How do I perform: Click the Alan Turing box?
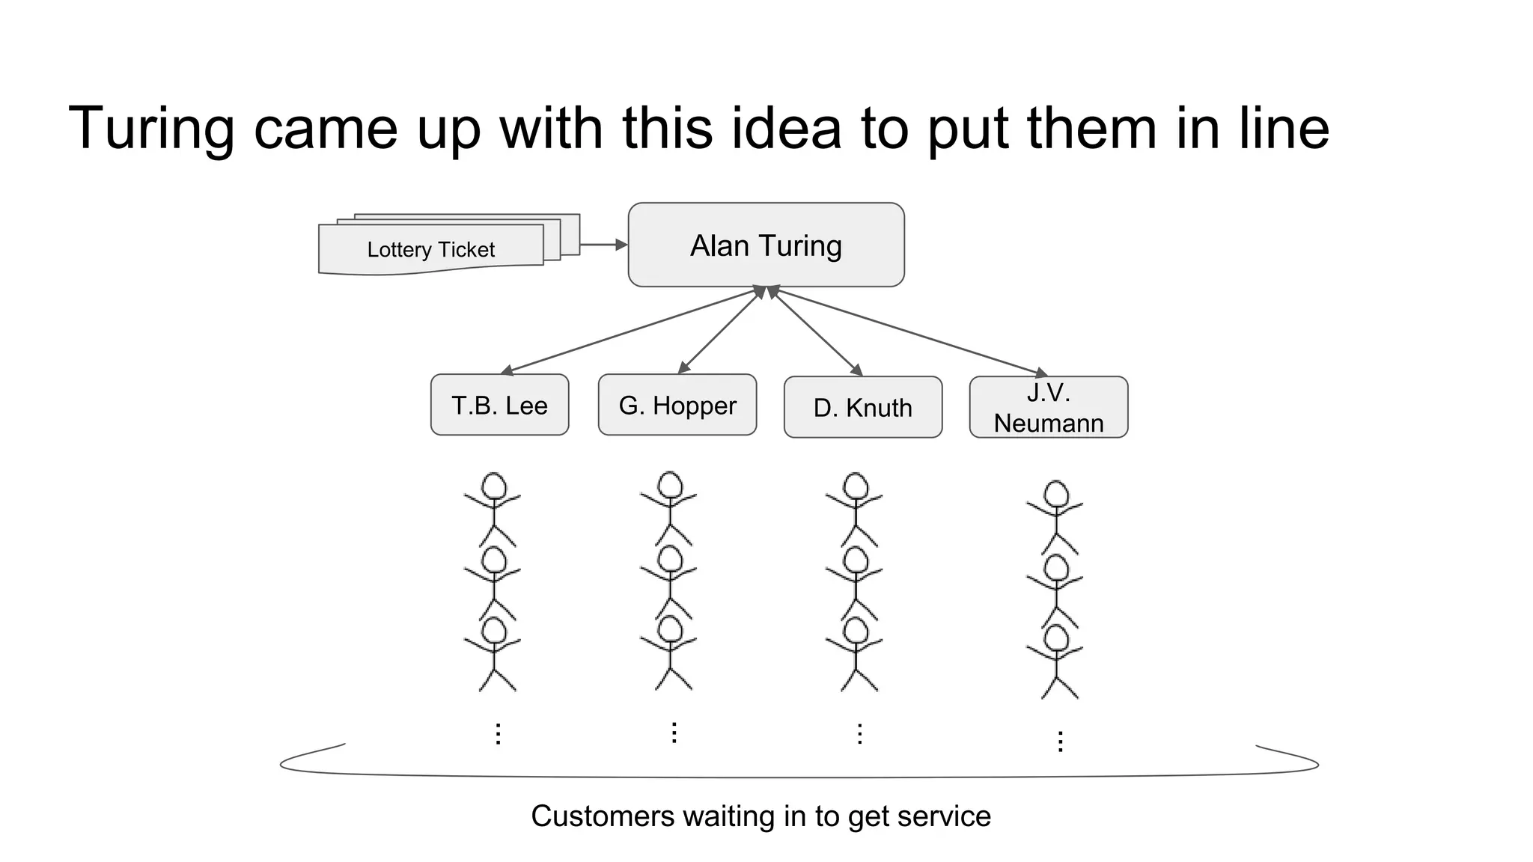(766, 245)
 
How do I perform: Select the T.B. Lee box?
(499, 405)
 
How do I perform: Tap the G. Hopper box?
(677, 405)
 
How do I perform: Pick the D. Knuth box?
(862, 407)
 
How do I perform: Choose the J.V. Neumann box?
(1048, 407)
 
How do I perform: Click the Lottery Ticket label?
(430, 249)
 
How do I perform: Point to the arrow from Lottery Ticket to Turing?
(603, 245)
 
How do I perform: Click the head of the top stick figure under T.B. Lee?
(493, 486)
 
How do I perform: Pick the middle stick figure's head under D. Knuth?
(855, 560)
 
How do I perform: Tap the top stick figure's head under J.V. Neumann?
(1055, 494)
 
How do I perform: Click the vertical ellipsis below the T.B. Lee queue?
(498, 733)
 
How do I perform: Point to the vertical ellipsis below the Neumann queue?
(1060, 742)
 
